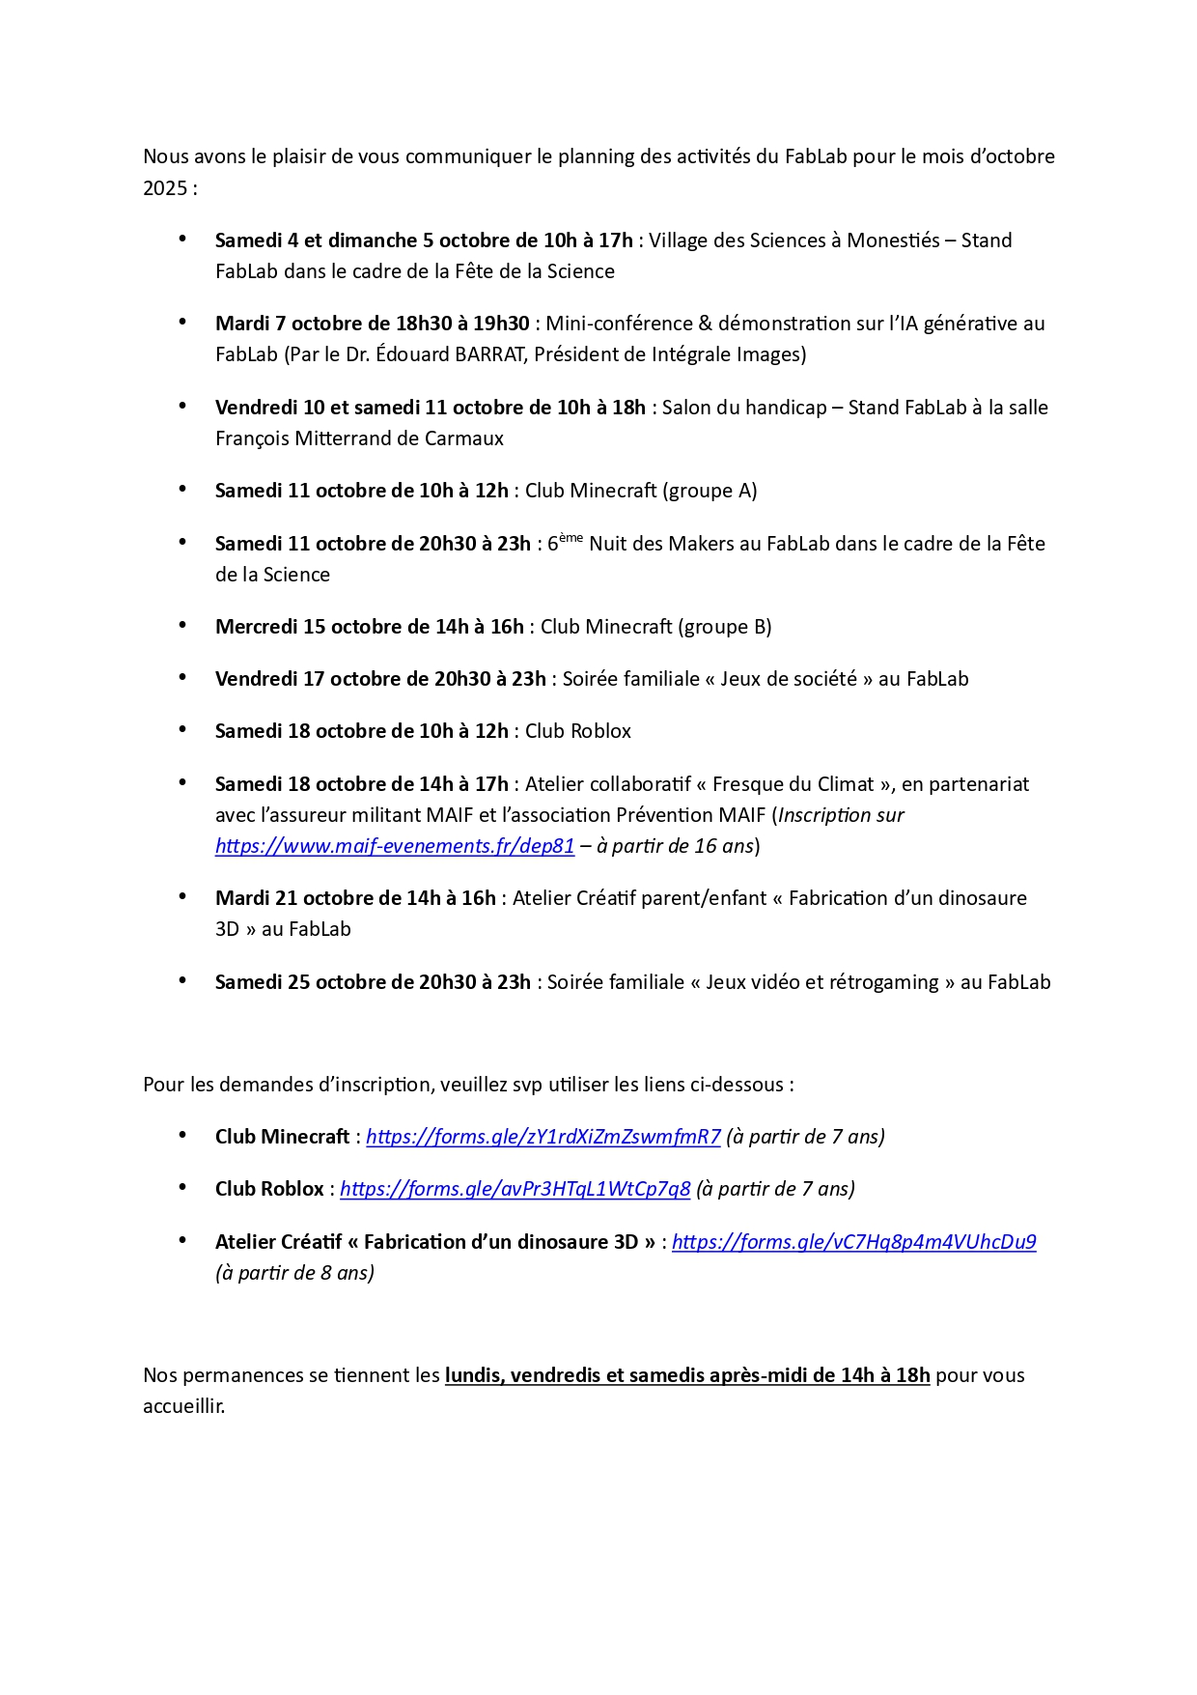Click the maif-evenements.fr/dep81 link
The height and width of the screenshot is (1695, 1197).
(x=395, y=846)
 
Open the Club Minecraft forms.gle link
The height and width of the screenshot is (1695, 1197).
(x=543, y=1137)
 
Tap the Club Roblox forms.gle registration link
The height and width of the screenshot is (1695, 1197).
(x=515, y=1189)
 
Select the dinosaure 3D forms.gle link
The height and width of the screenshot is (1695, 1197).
(x=853, y=1242)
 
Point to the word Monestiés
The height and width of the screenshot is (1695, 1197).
(x=893, y=240)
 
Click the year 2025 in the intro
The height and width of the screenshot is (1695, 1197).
(x=165, y=188)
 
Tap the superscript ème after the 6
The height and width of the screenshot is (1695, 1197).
(x=571, y=538)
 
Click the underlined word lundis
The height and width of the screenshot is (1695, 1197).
(x=472, y=1375)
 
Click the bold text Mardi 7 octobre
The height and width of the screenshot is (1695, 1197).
(x=287, y=324)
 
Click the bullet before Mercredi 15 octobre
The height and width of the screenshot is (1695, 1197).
(x=182, y=625)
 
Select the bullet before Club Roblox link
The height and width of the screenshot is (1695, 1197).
(x=182, y=1187)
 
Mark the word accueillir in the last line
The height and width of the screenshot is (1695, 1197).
(x=183, y=1406)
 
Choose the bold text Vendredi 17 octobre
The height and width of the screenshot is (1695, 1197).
(x=300, y=679)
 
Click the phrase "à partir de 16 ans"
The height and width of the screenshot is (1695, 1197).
(x=675, y=846)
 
